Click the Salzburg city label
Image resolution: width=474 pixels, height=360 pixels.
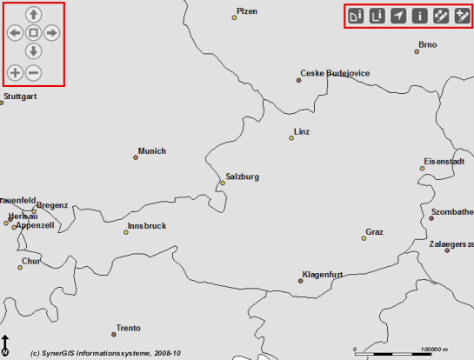243,177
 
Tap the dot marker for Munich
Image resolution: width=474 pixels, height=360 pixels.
136,157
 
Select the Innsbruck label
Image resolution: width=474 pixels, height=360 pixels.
146,225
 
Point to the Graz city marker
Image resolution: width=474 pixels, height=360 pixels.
364,238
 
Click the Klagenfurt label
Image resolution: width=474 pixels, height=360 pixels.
323,275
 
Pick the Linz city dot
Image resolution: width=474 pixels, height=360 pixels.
292,137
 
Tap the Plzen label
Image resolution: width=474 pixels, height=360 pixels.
247,11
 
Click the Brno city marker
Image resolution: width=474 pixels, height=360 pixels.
417,52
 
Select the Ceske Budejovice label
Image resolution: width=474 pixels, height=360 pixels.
336,74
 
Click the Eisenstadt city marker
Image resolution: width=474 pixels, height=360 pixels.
423,168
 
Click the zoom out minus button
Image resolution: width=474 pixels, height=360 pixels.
33,73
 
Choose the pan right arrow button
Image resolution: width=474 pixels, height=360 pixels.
51,33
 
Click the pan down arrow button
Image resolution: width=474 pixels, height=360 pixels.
33,50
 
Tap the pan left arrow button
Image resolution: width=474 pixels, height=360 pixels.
15,33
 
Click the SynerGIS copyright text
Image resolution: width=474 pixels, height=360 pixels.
105,353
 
